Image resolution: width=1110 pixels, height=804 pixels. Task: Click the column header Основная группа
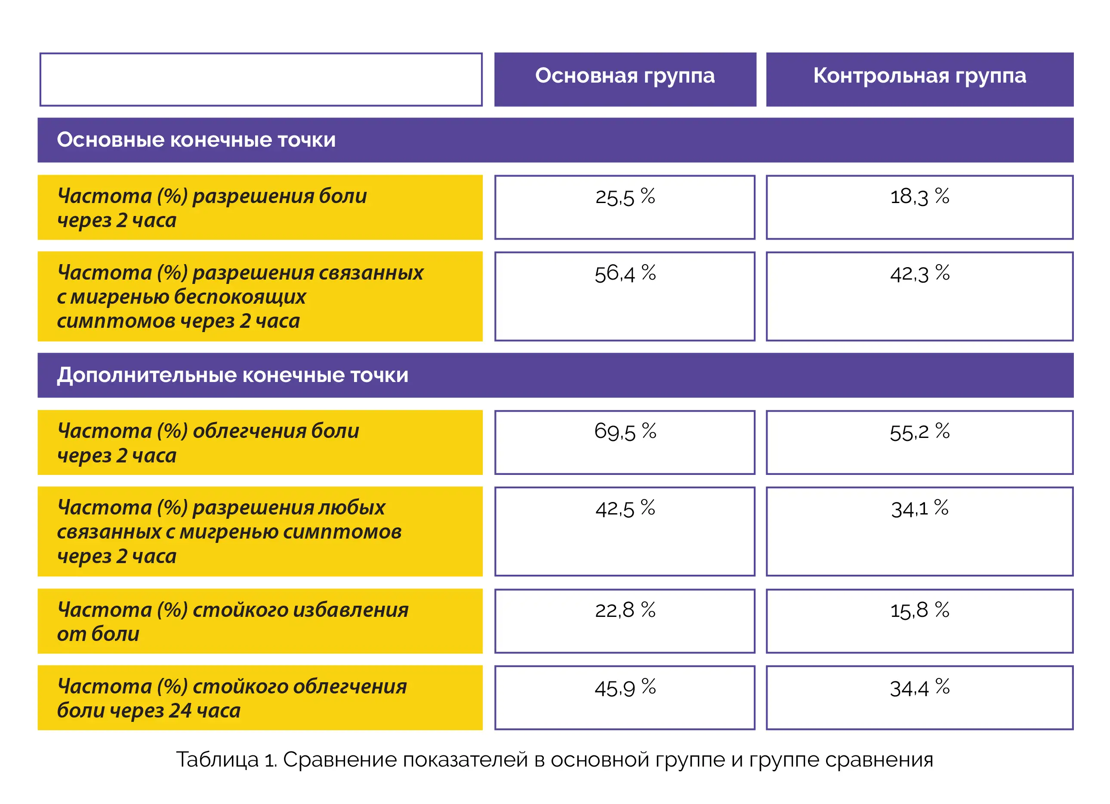[x=625, y=76]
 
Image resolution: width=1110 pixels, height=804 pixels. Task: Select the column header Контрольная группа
[x=919, y=76]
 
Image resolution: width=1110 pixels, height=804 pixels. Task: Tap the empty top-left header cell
[x=261, y=79]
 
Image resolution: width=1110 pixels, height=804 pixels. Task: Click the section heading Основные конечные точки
[x=196, y=140]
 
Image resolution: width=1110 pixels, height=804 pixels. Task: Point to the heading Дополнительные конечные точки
[x=232, y=376]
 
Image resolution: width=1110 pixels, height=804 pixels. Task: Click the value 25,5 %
[x=625, y=197]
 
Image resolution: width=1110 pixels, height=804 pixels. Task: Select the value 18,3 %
[x=919, y=197]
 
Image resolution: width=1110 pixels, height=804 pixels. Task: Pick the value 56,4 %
[x=625, y=273]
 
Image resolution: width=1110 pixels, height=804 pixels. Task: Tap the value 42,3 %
[x=919, y=273]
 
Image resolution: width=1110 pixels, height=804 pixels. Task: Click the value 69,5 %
[x=625, y=431]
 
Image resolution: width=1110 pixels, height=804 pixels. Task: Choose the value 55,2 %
[x=919, y=431]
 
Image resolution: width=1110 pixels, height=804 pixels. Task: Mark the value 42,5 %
[x=625, y=508]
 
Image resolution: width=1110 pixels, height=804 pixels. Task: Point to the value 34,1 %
[x=919, y=508]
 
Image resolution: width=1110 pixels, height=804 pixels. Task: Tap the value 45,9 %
[x=625, y=687]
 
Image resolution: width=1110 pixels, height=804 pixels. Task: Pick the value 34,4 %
[x=919, y=687]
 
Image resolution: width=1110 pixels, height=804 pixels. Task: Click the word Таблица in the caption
[x=217, y=759]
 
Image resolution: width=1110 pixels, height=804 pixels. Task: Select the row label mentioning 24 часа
[x=231, y=698]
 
